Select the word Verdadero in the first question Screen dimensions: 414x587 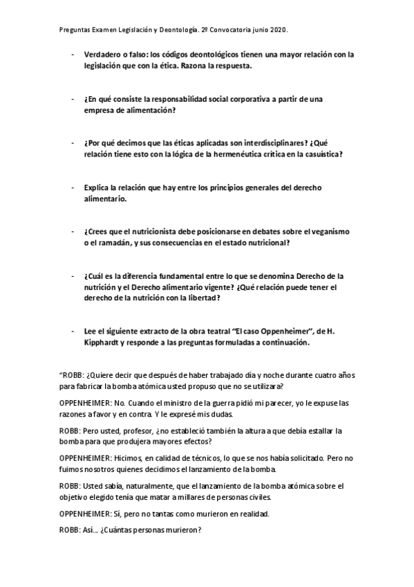point(104,54)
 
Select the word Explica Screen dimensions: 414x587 point(97,188)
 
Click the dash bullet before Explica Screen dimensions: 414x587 point(73,188)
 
